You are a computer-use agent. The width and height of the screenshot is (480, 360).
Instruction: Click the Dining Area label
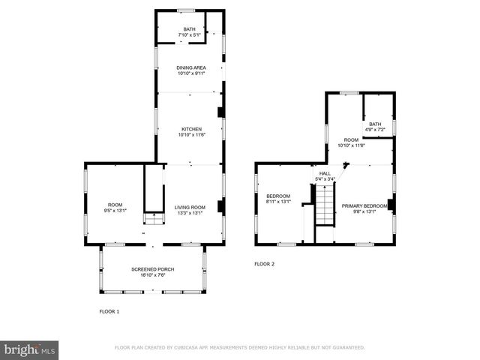[190, 67]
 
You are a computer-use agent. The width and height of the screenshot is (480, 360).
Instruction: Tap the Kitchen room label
[190, 129]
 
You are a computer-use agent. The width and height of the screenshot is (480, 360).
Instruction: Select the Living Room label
[190, 207]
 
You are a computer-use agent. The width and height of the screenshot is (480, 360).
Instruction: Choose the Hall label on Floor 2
[325, 173]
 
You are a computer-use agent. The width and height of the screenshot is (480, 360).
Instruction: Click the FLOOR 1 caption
[109, 310]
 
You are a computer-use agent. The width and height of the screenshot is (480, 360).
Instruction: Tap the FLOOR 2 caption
[265, 264]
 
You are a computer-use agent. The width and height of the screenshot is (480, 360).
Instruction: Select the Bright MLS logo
[29, 349]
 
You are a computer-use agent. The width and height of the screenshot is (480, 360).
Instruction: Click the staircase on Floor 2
[324, 205]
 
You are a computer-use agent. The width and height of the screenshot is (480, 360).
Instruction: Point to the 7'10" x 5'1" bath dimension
[189, 35]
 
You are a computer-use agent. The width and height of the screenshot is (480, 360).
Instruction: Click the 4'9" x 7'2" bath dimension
[374, 130]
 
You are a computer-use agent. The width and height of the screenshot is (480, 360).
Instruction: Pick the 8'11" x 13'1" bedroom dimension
[278, 201]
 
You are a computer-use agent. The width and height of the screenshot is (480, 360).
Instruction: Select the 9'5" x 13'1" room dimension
[115, 211]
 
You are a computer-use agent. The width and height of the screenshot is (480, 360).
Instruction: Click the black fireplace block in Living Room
[220, 206]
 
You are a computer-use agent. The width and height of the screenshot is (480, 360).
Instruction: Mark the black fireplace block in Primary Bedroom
[390, 204]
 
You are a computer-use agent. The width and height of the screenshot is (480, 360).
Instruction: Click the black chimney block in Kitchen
[220, 113]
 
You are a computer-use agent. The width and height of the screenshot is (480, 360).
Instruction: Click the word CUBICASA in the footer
[194, 347]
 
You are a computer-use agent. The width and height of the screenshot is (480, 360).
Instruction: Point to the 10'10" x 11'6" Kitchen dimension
[190, 135]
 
